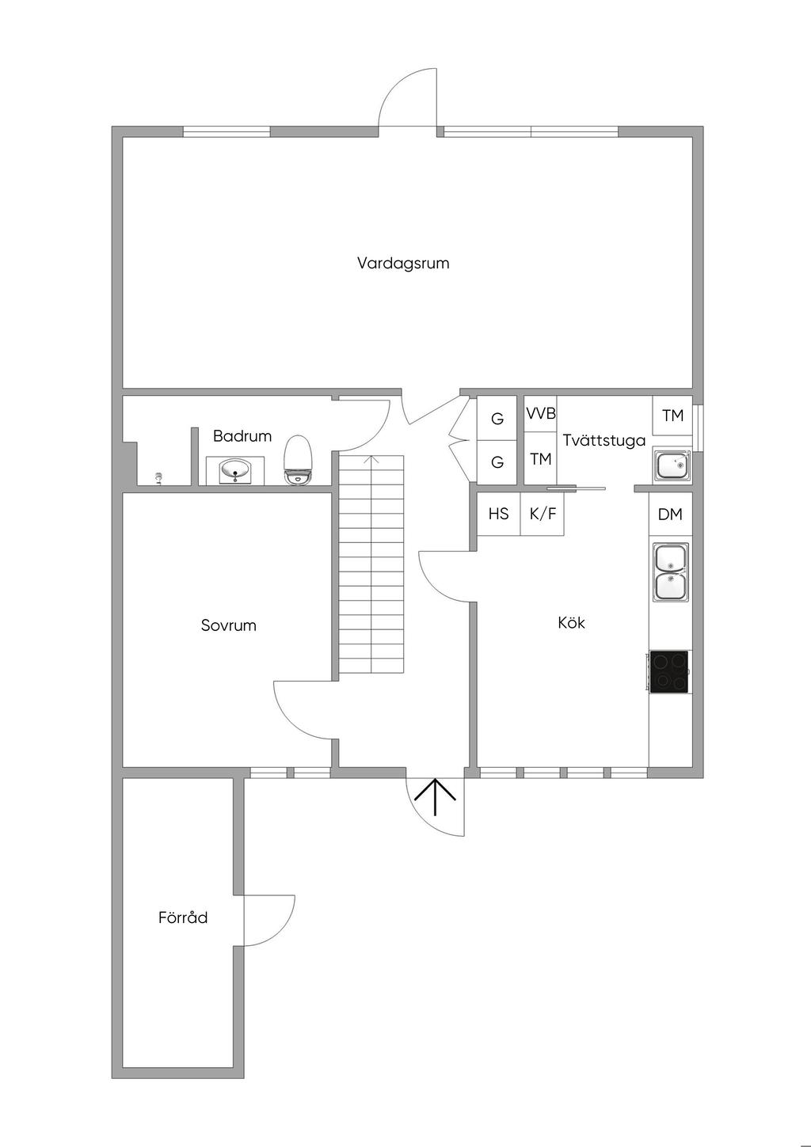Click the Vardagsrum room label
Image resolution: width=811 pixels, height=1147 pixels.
403,264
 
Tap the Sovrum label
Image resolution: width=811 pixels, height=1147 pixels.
229,625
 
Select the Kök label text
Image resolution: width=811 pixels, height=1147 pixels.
571,623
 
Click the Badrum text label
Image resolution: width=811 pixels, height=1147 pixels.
242,436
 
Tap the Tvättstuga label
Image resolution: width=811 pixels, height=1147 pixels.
604,440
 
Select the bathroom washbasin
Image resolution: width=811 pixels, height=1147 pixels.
235,470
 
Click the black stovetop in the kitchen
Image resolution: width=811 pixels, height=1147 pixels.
669,671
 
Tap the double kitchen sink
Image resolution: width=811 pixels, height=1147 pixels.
671,573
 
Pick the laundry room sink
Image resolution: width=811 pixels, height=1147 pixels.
672,465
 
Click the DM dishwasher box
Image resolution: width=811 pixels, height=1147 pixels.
671,514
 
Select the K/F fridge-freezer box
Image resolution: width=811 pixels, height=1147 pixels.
543,514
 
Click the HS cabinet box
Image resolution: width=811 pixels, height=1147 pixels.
498,514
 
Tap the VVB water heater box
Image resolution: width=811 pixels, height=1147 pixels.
540,413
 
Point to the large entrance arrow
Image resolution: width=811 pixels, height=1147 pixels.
435,797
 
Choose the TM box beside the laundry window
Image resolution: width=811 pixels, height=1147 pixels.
672,416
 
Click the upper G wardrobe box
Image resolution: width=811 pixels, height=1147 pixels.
497,418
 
